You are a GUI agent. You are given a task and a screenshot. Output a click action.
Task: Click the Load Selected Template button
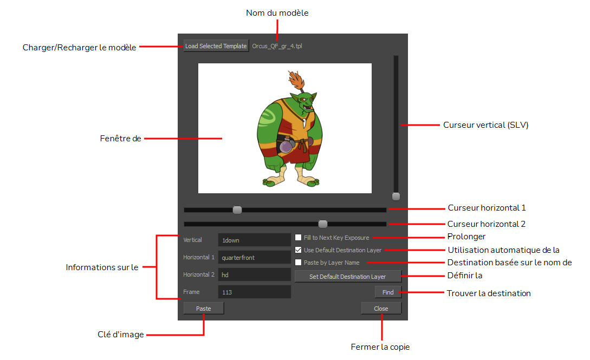(x=216, y=46)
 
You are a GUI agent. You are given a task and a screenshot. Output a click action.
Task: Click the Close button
(x=381, y=309)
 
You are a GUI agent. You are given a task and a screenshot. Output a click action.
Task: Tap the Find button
(x=388, y=292)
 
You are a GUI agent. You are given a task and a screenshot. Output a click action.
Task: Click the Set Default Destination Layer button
(x=348, y=277)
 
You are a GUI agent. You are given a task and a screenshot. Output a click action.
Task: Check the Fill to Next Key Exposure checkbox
(x=299, y=238)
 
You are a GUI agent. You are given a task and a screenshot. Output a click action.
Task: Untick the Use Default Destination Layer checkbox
(x=299, y=250)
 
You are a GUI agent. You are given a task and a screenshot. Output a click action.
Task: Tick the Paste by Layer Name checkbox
(x=299, y=263)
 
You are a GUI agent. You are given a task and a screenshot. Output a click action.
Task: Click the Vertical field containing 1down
(x=254, y=240)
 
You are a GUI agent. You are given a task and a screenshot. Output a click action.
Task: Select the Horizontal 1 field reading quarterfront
(x=254, y=257)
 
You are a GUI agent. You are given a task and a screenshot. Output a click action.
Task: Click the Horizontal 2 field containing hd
(x=254, y=274)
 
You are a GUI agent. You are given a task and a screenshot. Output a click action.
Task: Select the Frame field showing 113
(x=254, y=292)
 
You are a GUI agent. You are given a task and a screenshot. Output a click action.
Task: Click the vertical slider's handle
(x=396, y=197)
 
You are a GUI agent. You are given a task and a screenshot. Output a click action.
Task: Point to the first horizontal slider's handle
(x=237, y=210)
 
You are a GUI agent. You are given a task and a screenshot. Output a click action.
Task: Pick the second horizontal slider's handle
(x=323, y=224)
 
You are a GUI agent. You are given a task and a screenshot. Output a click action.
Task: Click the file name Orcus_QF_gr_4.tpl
(x=277, y=46)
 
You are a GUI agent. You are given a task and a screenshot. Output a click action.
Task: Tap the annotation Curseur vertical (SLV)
(x=486, y=125)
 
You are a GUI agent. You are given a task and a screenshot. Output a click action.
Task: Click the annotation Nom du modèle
(x=277, y=13)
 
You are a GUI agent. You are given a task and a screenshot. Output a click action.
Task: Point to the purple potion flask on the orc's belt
(x=287, y=146)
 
